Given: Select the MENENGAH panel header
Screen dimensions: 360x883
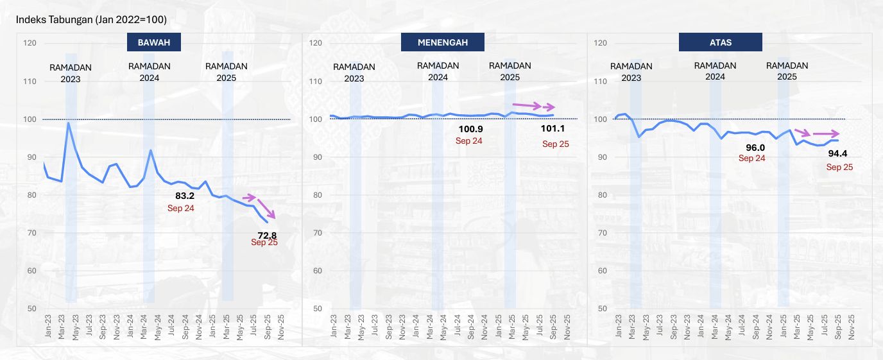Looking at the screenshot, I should [442, 43].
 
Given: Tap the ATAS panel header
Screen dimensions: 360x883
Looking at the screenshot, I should [720, 43].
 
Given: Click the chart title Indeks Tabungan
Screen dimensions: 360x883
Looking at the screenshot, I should [92, 20].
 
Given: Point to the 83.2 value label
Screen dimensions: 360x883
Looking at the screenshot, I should [184, 196].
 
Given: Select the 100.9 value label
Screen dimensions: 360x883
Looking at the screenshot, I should [470, 129].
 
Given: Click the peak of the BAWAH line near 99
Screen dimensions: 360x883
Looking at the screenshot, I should [69, 123].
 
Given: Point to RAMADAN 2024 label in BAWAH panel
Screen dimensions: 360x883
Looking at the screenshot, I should [150, 72].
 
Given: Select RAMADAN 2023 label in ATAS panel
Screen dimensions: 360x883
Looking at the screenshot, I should [631, 72].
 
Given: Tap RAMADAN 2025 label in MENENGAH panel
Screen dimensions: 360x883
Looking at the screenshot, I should [510, 71].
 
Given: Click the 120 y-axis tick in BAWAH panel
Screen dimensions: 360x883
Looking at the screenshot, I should [30, 43].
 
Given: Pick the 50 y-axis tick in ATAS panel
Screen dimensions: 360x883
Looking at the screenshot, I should [602, 309].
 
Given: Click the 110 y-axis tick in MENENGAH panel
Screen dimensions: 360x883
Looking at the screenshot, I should [314, 81].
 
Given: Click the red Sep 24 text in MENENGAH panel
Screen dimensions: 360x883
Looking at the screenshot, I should [469, 141].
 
